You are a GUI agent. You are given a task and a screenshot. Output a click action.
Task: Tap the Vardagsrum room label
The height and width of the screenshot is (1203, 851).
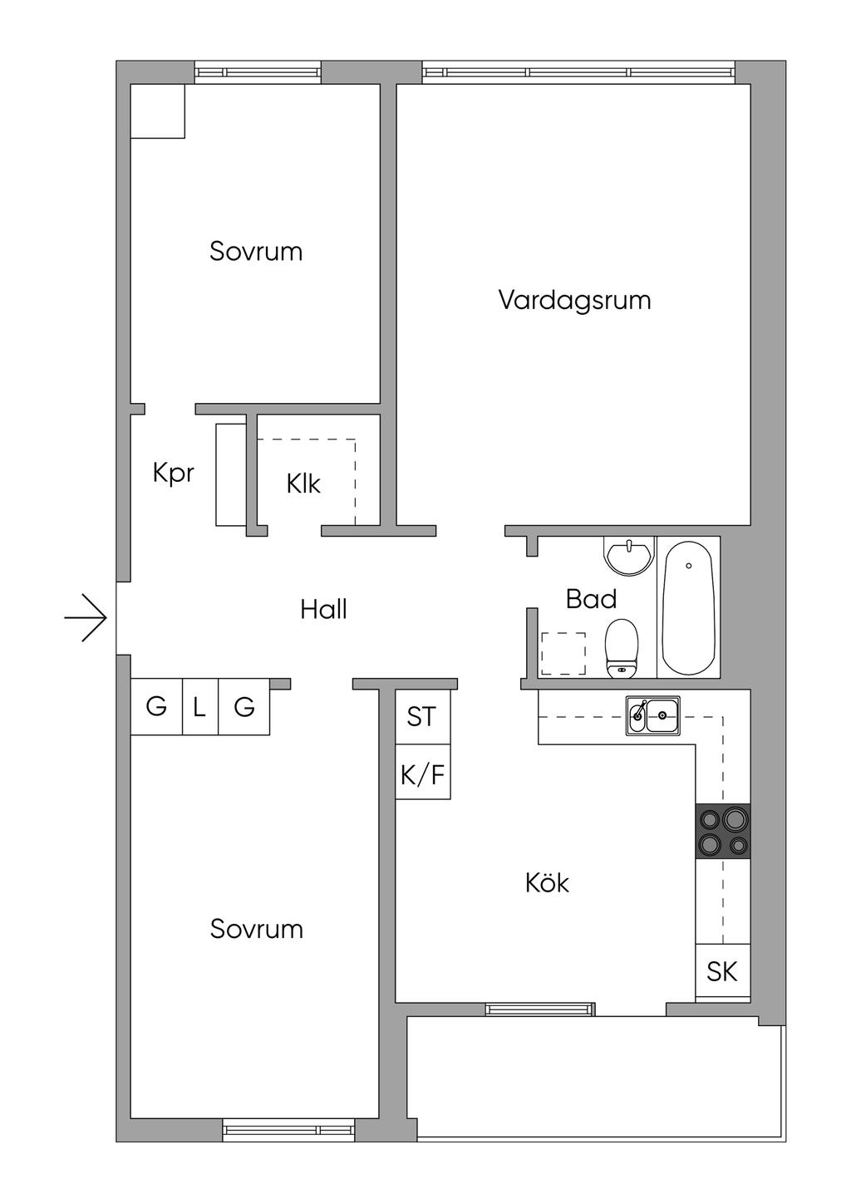click(x=574, y=300)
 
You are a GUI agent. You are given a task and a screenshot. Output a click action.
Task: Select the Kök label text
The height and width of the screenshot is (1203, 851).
click(x=547, y=882)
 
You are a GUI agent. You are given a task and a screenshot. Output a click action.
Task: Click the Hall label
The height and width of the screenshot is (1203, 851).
click(x=323, y=610)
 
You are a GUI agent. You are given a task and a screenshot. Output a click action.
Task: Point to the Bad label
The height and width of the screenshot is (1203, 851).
click(x=591, y=599)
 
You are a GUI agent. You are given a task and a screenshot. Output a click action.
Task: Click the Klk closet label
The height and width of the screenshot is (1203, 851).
click(x=303, y=484)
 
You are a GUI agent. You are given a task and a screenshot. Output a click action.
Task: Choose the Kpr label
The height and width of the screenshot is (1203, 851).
click(x=173, y=473)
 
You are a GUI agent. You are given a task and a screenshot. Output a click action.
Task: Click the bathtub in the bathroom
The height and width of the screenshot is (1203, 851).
click(x=688, y=608)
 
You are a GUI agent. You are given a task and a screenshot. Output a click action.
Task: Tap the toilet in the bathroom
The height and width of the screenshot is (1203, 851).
click(x=622, y=648)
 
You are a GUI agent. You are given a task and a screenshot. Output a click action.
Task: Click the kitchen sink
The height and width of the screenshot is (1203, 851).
click(x=653, y=715)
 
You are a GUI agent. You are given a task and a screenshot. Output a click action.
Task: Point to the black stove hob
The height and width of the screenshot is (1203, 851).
click(x=723, y=832)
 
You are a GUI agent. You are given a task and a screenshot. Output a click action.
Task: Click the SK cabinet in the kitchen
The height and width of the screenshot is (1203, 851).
click(x=722, y=971)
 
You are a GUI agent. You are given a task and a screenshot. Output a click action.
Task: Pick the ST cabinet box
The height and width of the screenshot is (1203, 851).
click(x=422, y=716)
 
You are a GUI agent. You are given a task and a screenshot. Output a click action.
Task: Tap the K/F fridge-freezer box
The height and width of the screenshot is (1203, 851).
click(x=422, y=775)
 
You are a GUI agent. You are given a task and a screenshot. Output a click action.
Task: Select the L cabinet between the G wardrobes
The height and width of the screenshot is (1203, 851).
click(x=199, y=707)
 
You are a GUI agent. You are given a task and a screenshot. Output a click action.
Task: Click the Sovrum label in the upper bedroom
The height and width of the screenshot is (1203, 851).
click(x=256, y=251)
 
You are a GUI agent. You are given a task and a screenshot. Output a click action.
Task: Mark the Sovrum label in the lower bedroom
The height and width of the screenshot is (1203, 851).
click(x=256, y=929)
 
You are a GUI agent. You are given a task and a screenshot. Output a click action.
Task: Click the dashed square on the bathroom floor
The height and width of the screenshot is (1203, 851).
click(x=563, y=654)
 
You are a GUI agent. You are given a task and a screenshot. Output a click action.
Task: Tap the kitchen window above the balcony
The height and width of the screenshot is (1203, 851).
click(x=540, y=1009)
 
